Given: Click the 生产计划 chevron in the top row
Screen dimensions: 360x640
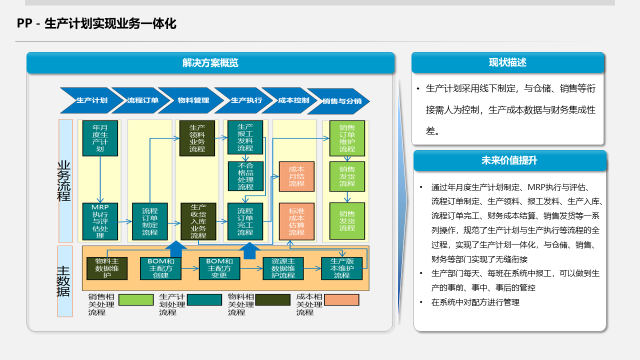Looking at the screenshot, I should point(91,100).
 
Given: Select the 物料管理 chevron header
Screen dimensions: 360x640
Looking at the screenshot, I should point(193,100).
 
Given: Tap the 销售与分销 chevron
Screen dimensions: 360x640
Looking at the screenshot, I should point(341,101).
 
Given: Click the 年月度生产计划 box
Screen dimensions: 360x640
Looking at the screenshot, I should point(100,138).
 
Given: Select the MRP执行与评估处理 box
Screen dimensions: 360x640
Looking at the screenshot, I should point(100,221).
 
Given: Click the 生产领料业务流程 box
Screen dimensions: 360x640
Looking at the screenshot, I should point(197,138).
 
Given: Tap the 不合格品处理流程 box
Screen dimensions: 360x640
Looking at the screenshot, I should point(245,176).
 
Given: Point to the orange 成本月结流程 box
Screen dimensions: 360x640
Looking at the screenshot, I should point(296,176).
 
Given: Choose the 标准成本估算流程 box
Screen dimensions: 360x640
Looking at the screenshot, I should point(296,221).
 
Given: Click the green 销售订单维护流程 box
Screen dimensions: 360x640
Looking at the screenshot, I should point(347,138).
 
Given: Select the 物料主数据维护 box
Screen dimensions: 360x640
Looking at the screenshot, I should point(107,268).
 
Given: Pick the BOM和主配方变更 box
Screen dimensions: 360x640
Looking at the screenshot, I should point(219,268).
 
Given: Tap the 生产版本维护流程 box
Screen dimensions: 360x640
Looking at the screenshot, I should point(342,268).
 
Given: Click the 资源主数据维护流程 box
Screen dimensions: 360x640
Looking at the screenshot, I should point(283,268).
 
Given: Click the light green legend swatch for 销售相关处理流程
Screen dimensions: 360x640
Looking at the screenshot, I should point(136,300).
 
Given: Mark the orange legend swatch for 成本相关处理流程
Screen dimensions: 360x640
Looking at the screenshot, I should point(341,300).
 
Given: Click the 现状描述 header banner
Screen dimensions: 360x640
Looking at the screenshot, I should point(507,62).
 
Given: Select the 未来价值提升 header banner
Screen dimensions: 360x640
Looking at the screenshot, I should point(509,160).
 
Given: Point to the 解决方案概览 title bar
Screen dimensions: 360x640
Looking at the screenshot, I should point(210,63).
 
